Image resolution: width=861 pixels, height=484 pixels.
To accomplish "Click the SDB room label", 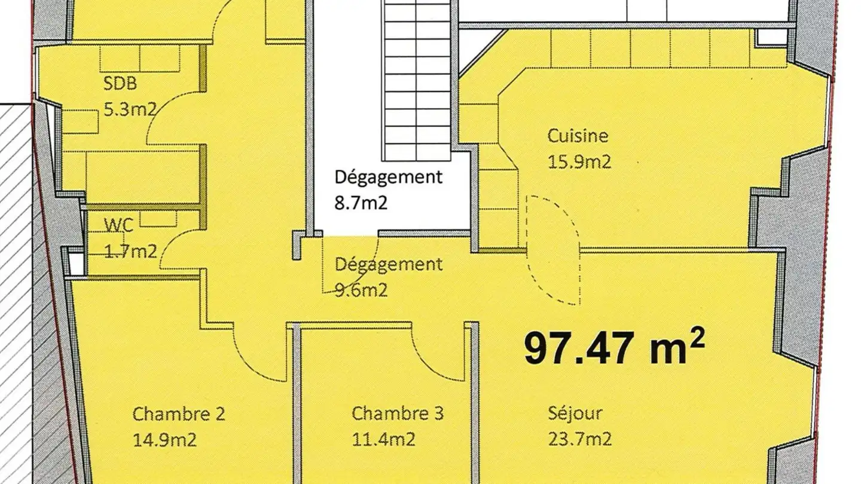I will point(120,84).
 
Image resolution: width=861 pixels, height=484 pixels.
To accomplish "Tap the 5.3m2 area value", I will point(130,110).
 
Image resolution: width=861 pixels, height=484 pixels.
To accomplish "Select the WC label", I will point(118,225).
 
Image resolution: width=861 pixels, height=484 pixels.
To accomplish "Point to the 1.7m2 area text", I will point(130,251).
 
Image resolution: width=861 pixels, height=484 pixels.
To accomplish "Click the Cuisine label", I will point(578,136).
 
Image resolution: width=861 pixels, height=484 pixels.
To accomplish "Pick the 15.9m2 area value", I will point(579,162).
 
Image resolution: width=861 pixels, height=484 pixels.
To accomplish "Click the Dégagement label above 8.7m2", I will point(389,177).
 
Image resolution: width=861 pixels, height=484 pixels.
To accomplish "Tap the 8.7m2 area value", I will point(361,203).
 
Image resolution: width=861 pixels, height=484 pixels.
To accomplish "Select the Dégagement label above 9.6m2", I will point(389,264).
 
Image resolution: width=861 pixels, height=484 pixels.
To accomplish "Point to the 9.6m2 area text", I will point(361,290).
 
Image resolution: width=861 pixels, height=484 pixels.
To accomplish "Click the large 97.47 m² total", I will point(614,348).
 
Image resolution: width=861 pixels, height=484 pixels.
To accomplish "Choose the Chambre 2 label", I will point(179,413).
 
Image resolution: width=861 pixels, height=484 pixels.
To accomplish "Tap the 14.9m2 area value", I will point(164,440).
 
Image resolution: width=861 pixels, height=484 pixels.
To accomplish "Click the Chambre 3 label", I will point(398,413).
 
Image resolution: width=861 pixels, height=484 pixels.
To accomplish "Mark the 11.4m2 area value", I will point(383,440).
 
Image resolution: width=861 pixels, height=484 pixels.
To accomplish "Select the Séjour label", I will point(575,413).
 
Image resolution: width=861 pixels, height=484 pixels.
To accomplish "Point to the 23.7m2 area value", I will point(579,440).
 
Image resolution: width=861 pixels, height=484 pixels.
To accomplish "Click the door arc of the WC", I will point(173,251).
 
